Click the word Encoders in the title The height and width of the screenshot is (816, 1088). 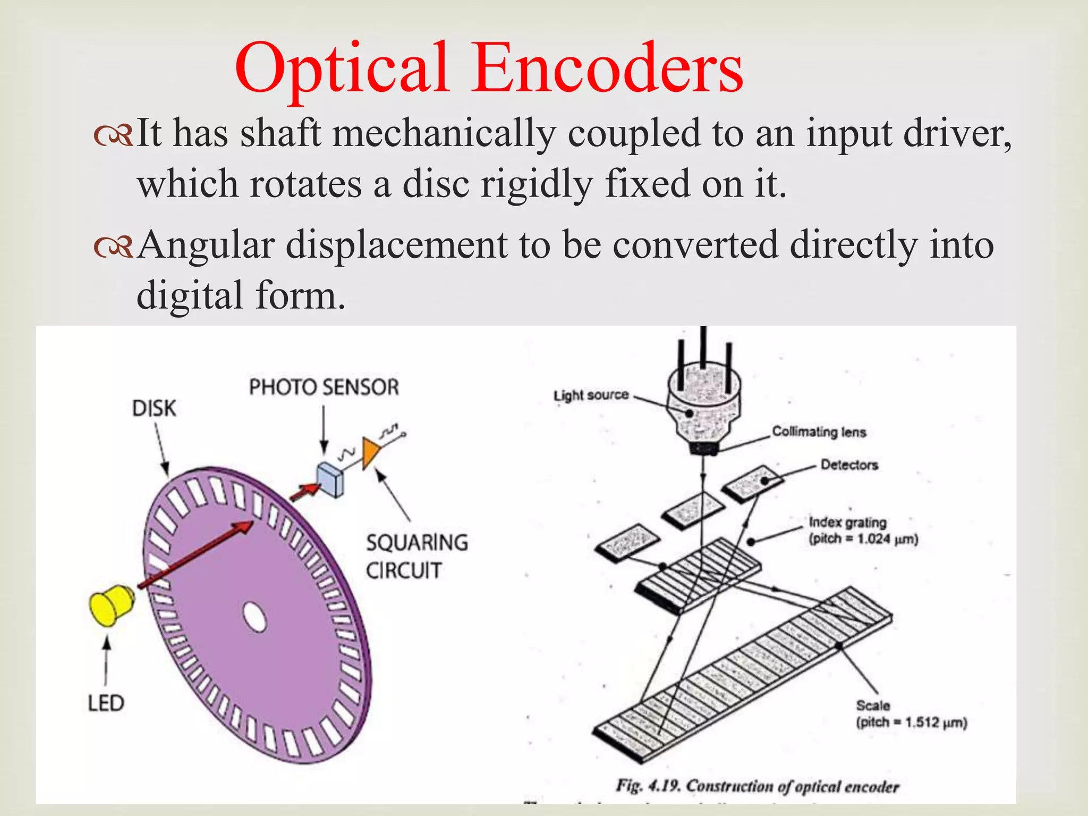pos(608,69)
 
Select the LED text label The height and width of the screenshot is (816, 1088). pos(106,703)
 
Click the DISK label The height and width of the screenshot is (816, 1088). pos(154,409)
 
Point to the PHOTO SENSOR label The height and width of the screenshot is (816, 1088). pos(324,387)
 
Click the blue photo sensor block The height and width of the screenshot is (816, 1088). pos(330,479)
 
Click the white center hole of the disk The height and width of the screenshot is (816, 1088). pos(254,617)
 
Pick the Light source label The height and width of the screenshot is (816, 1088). pos(591,395)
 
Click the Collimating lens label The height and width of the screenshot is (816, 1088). pos(819,431)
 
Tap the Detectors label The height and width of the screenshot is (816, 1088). pos(849,465)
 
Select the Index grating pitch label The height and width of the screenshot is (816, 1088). pos(863,530)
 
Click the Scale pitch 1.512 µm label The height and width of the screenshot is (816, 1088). pos(911,714)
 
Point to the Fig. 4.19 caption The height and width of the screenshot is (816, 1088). pos(757,786)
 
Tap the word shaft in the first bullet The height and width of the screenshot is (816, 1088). pos(280,133)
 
